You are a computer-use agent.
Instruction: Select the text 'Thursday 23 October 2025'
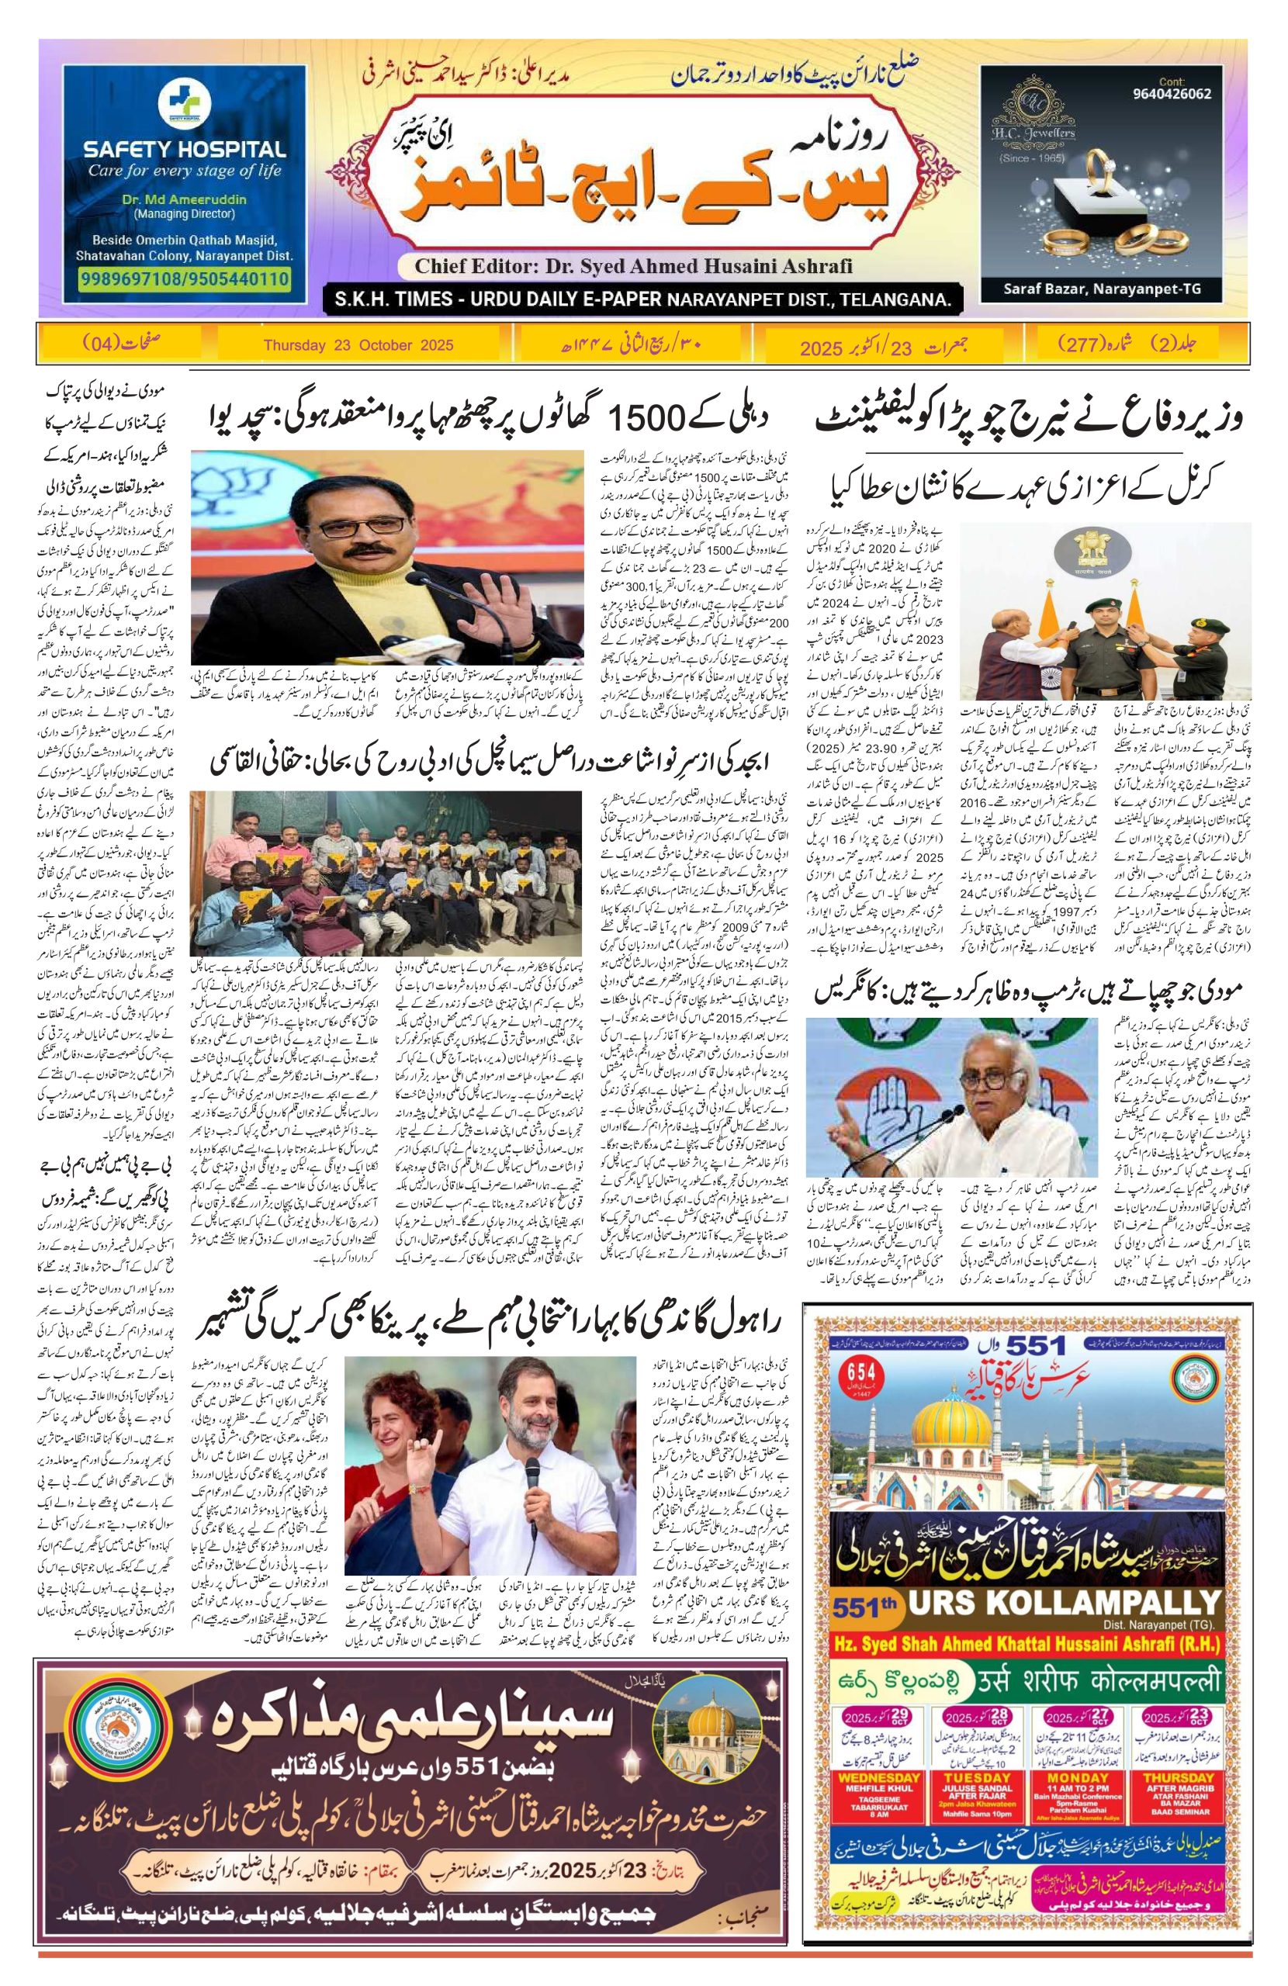pyautogui.click(x=358, y=344)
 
